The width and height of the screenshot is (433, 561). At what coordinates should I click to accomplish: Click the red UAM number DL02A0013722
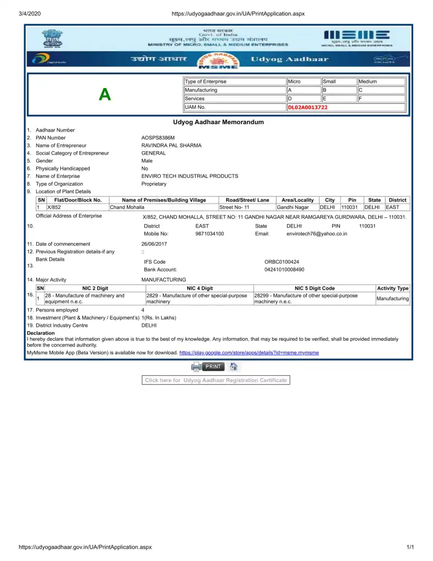(308, 107)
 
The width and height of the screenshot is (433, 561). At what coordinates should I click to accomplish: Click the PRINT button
(213, 366)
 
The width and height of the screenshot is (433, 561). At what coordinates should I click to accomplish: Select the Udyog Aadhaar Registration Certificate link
(216, 380)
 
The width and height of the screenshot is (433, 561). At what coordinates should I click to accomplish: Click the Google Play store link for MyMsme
(249, 353)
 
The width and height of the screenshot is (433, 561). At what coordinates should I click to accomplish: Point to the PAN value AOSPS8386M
(158, 138)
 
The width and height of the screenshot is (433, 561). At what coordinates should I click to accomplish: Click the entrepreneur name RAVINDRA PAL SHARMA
(171, 146)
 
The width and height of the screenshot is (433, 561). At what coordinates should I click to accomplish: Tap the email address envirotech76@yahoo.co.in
(316, 234)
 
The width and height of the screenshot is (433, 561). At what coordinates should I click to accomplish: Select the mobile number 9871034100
(210, 234)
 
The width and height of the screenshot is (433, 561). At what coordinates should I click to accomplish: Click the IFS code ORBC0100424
(281, 262)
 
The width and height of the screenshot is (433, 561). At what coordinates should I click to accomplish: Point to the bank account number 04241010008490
(284, 270)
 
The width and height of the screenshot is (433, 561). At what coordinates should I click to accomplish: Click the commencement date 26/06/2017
(154, 244)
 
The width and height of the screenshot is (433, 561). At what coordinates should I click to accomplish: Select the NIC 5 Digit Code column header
(315, 288)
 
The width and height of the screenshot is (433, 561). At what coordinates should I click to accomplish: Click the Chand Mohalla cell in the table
(127, 208)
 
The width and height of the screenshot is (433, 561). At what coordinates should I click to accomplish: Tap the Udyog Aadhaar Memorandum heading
(218, 122)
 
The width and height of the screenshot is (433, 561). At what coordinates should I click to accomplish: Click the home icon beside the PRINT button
(233, 366)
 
